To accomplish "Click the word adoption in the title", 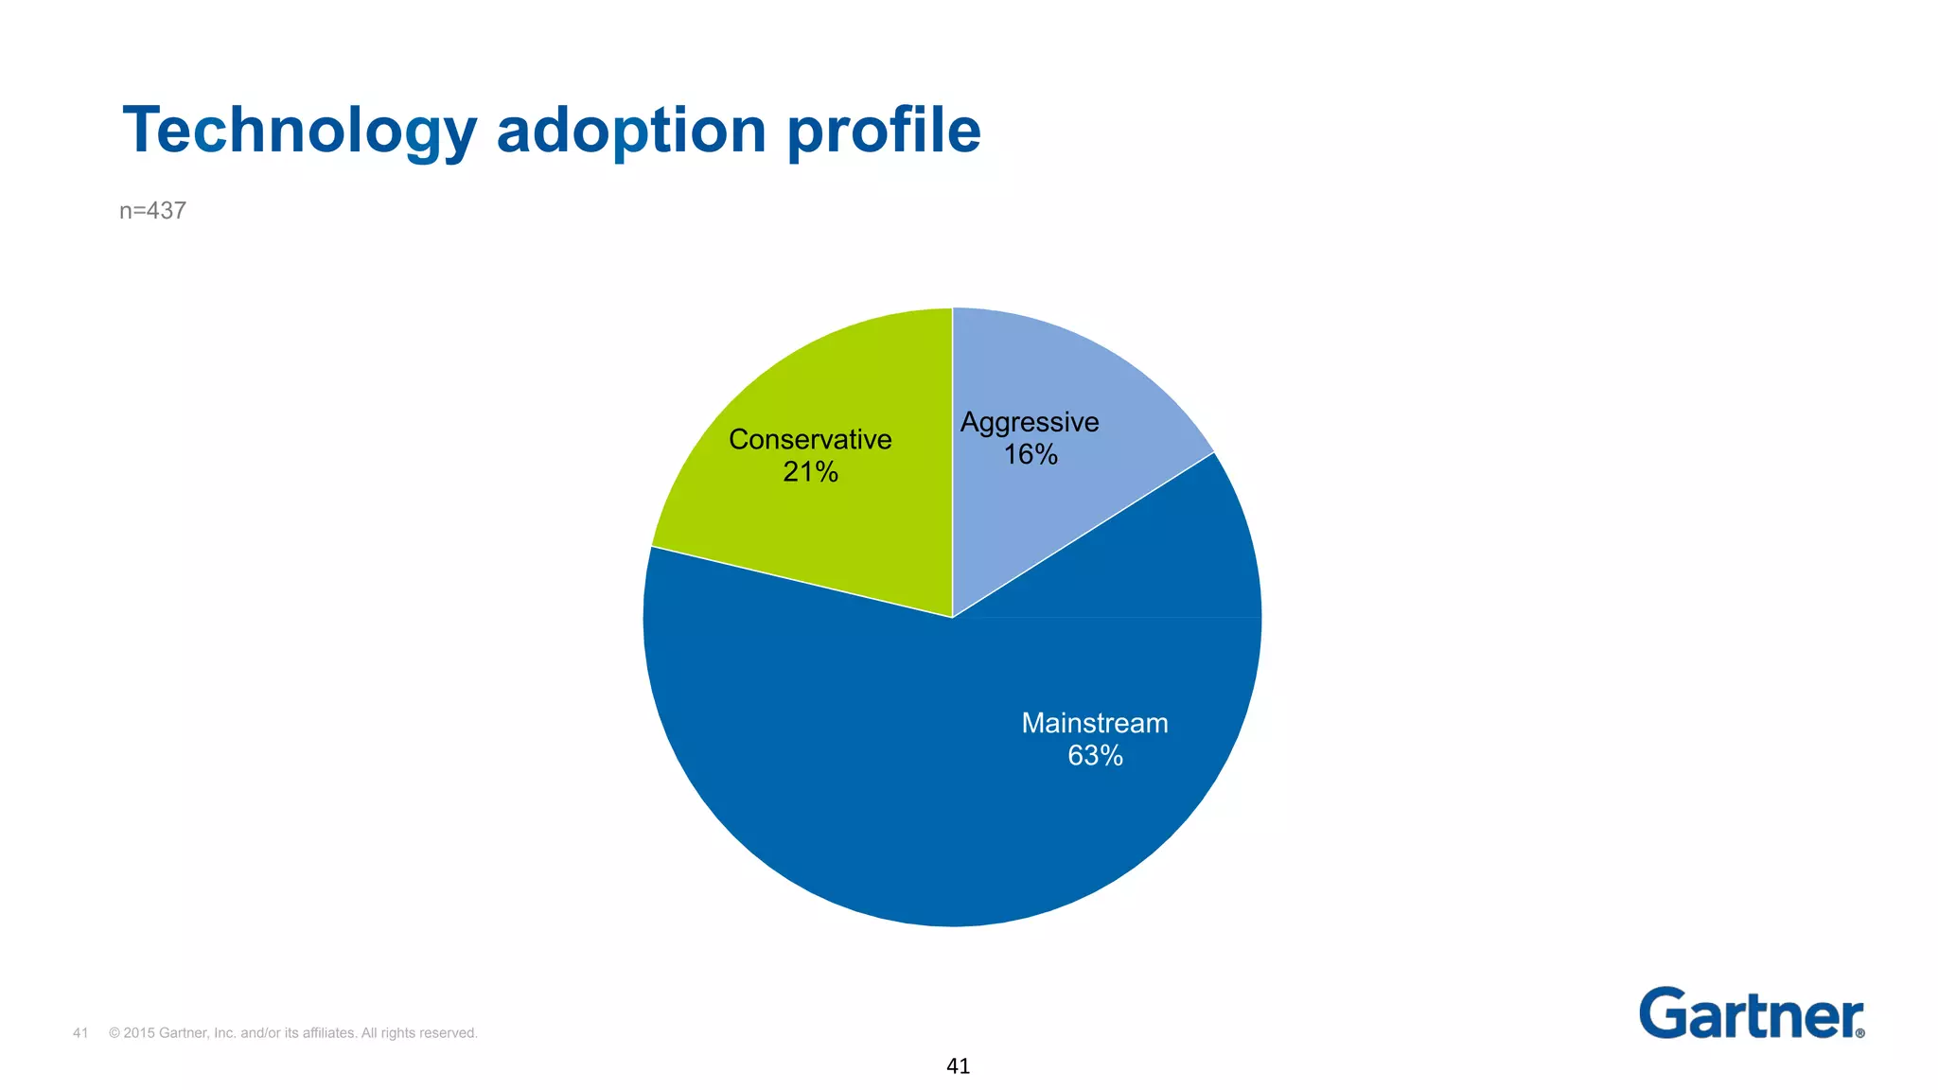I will coord(631,131).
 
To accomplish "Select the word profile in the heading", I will coord(884,131).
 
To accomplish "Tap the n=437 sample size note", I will coord(152,210).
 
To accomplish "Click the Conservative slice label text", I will coord(810,439).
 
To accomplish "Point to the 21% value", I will coord(810,471).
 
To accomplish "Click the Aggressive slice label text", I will coord(1030,422).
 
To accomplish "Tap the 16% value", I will coord(1031,454).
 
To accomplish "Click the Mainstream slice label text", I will coord(1095,723).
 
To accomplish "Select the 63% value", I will coord(1095,755).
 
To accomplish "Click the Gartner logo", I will coord(1749,1014).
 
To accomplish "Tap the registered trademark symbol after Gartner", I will coord(1860,1033).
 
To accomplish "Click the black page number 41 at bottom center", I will coord(958,1066).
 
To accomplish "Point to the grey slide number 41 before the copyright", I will coord(80,1033).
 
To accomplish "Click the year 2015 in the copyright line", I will coord(139,1033).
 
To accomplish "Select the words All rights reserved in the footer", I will coord(419,1033).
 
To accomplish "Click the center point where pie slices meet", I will coord(953,618).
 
